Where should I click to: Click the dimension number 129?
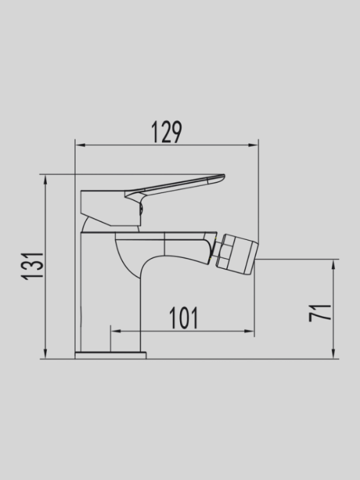coord(167,132)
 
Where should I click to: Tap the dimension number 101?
coord(183,318)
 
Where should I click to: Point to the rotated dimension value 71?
coord(321,312)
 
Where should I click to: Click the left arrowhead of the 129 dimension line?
coord(79,145)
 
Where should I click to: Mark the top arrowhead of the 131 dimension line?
coord(45,178)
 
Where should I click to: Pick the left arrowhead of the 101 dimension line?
coord(115,332)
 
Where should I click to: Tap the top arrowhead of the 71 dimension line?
coord(334,263)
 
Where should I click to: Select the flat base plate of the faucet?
coord(110,355)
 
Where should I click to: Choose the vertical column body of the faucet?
coord(96,288)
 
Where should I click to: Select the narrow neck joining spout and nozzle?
coord(211,251)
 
